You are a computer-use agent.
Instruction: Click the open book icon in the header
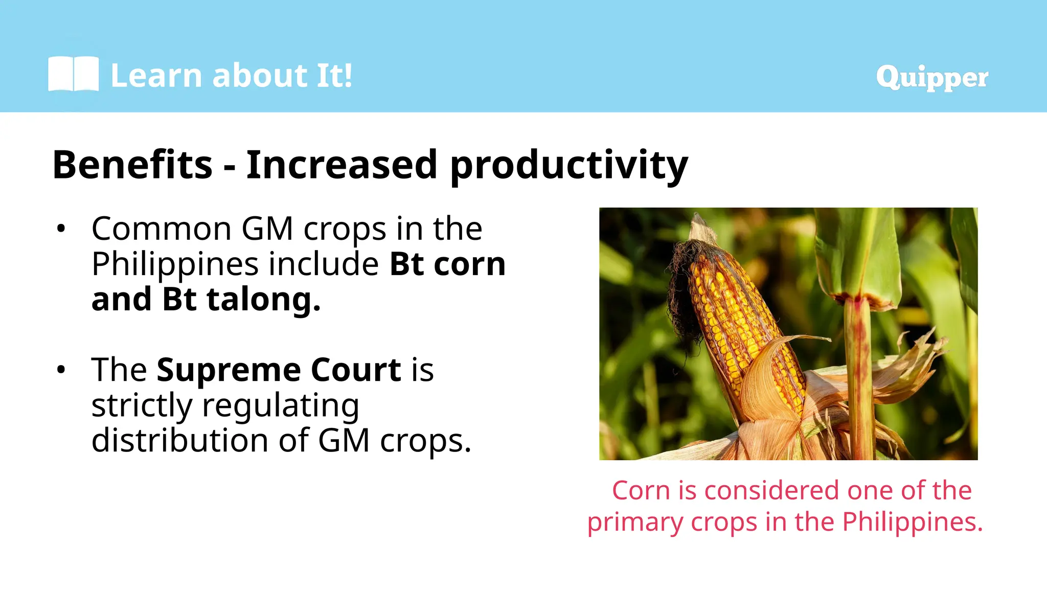[73, 74]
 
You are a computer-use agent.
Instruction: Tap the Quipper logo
[931, 78]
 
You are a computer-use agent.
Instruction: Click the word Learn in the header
[156, 76]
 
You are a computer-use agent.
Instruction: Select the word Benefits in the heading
[132, 165]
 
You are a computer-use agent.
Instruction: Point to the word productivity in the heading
[568, 166]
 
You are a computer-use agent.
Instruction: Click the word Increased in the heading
[342, 165]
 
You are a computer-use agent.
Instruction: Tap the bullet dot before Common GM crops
[61, 229]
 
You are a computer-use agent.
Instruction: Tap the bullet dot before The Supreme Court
[61, 370]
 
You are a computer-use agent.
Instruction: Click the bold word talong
[263, 299]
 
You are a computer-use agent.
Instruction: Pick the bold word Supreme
[227, 370]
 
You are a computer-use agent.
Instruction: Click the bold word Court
[356, 370]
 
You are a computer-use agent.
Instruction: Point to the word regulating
[281, 405]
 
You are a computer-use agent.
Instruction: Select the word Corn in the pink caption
[641, 490]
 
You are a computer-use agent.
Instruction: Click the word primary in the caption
[635, 522]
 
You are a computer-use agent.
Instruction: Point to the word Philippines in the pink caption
[912, 522]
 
